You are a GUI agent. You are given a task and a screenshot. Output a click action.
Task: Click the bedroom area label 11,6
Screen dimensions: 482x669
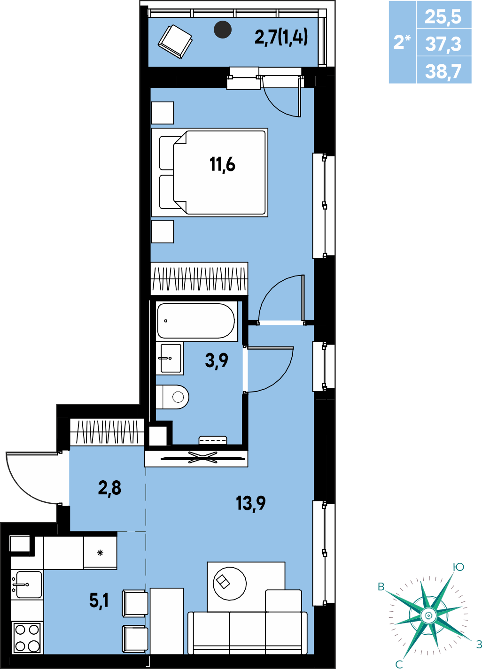(x=222, y=165)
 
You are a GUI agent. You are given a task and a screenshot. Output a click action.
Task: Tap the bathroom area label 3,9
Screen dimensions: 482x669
(x=217, y=360)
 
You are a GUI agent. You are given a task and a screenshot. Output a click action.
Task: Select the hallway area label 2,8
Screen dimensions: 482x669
(x=109, y=488)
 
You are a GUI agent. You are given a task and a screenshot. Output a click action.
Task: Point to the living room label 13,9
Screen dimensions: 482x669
(x=251, y=504)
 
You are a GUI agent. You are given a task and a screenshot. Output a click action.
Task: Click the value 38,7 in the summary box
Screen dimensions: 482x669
(x=443, y=71)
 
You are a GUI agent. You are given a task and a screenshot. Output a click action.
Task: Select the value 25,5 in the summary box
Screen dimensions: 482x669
(x=443, y=16)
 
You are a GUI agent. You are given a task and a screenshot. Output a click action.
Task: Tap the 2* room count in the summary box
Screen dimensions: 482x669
(x=402, y=42)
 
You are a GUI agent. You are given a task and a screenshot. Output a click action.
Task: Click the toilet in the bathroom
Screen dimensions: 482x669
(x=172, y=397)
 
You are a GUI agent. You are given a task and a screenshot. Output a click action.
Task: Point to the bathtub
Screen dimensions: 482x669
(x=196, y=321)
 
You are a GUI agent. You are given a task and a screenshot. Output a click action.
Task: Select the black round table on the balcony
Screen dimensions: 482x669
(x=223, y=30)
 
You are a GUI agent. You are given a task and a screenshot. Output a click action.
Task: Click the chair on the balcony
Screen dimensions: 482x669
(x=175, y=41)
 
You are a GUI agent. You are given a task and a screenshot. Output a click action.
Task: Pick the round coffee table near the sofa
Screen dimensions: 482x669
(x=230, y=584)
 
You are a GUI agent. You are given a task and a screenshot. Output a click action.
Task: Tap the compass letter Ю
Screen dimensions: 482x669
(x=459, y=567)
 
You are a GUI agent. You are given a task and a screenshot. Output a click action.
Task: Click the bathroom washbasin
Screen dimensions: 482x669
(x=171, y=358)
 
